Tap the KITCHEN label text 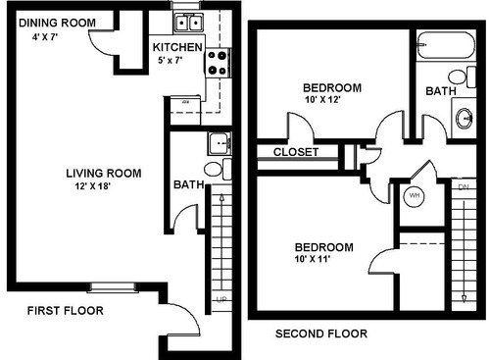coord(177,47)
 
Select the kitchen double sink coord(186,24)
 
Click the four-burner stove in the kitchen coord(217,65)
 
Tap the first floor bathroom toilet coord(224,170)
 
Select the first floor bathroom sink coord(219,144)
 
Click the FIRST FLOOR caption coord(65,311)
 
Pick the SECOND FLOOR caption coord(320,334)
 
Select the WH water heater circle coord(414,195)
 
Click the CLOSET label coord(294,152)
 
